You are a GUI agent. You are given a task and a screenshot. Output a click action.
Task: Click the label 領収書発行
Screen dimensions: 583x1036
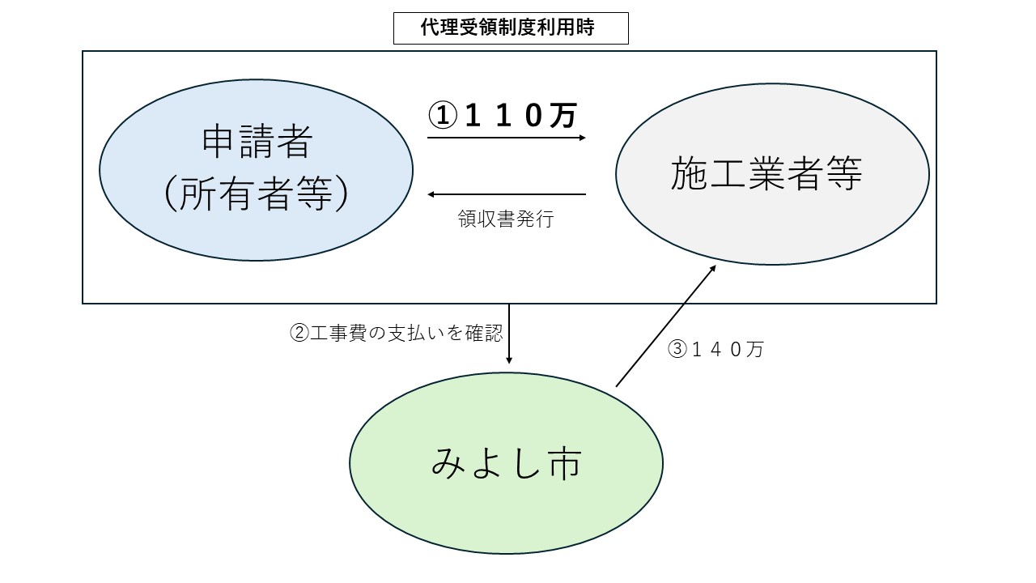pyautogui.click(x=505, y=219)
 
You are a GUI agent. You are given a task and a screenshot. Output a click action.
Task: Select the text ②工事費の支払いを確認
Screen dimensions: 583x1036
pyautogui.click(x=396, y=333)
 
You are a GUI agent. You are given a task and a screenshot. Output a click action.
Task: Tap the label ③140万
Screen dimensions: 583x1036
pyautogui.click(x=715, y=350)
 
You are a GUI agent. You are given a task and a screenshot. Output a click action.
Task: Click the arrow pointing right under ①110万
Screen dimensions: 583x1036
pyautogui.click(x=506, y=138)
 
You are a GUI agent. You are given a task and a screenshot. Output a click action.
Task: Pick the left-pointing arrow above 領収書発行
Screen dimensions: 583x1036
pyautogui.click(x=506, y=194)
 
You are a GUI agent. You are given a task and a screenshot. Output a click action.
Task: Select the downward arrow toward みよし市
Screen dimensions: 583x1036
pyautogui.click(x=509, y=334)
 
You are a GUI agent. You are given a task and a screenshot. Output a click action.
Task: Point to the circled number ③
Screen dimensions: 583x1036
pyautogui.click(x=677, y=350)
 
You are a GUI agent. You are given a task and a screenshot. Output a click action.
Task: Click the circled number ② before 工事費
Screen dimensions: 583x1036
pyautogui.click(x=298, y=333)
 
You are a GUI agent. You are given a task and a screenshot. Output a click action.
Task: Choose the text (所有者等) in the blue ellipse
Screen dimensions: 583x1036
pyautogui.click(x=256, y=195)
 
